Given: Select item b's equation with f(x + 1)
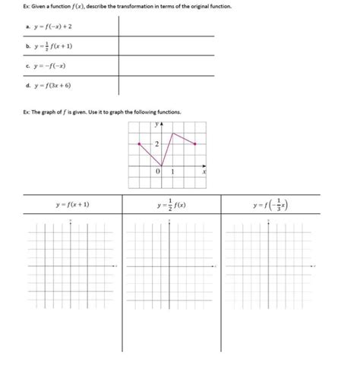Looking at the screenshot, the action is point(55,46).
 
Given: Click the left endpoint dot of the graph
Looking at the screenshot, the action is point(138,143).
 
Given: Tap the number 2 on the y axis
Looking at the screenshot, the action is point(156,143).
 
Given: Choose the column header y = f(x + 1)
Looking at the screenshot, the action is point(72,205).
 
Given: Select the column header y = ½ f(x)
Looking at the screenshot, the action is point(172,205).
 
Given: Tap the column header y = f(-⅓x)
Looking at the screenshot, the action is point(271,205).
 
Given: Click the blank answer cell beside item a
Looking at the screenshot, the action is point(166,27).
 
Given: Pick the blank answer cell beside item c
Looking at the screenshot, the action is point(166,66).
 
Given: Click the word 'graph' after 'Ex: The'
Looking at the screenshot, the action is point(52,112).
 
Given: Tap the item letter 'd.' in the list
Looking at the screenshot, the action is point(28,85).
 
